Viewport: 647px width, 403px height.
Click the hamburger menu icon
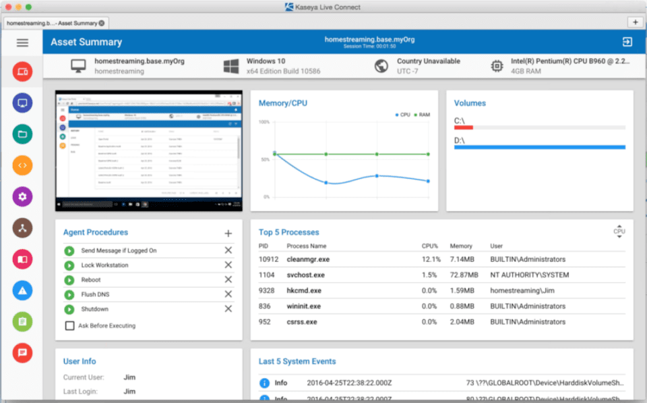(x=22, y=43)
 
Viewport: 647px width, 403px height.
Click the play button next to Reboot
(x=69, y=279)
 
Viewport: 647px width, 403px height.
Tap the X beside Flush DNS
(x=228, y=294)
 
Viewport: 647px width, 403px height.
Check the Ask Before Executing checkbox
(x=69, y=325)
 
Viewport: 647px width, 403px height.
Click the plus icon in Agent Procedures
(x=228, y=234)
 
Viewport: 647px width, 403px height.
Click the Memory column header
(x=461, y=246)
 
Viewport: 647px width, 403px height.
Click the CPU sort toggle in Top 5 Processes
(x=619, y=231)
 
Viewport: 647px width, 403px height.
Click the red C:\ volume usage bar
(x=464, y=128)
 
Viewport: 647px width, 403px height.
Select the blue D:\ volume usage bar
(x=539, y=146)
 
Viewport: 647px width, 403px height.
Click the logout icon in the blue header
(x=627, y=42)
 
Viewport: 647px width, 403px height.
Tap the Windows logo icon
(x=232, y=66)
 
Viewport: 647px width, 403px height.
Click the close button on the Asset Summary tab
(x=102, y=23)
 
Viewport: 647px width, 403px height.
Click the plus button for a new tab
(x=635, y=22)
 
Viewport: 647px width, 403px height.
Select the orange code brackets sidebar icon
(x=22, y=165)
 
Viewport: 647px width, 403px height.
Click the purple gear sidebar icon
(x=22, y=196)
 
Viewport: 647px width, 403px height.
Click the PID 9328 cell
(x=267, y=290)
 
